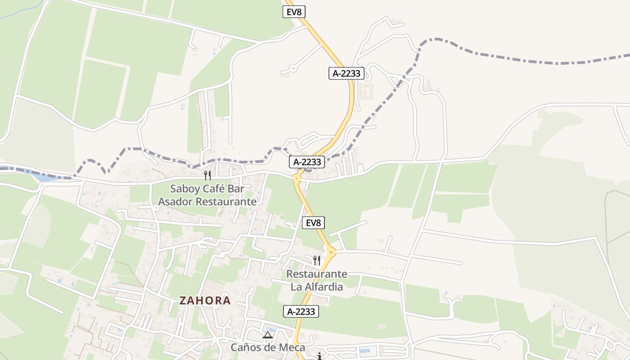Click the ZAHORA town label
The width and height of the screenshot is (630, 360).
(x=205, y=301)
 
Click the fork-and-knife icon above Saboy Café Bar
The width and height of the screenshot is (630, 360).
(x=207, y=175)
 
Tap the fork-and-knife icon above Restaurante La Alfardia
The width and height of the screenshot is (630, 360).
(x=317, y=260)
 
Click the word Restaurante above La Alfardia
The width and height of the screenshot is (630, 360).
(x=317, y=274)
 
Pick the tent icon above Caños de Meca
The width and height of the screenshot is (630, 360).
(x=268, y=335)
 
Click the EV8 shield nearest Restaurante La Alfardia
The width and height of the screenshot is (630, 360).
(x=313, y=223)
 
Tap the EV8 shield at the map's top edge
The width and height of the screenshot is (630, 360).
(x=294, y=12)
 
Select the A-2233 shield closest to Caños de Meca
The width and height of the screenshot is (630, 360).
(x=301, y=311)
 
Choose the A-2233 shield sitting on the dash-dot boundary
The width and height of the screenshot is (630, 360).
(x=307, y=162)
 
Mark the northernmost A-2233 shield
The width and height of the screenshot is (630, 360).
(x=346, y=73)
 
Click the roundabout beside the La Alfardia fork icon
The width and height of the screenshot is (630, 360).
(x=331, y=252)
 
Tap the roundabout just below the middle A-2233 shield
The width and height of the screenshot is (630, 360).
(x=297, y=177)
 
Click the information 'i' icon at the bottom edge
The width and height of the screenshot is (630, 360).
(x=319, y=356)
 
